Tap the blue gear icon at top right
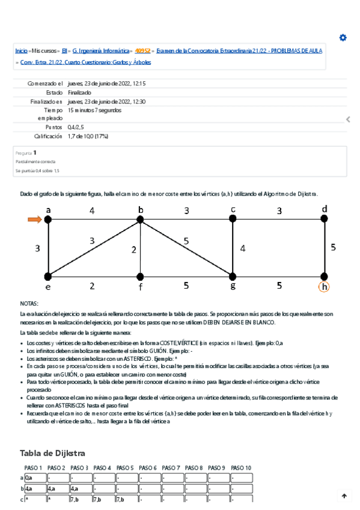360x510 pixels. (343, 37)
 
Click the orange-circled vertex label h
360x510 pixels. (324, 287)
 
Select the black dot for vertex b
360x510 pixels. (141, 220)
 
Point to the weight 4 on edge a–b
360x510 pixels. (92, 211)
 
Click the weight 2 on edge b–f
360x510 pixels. (134, 250)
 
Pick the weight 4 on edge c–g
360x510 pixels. (242, 248)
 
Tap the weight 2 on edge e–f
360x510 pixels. (92, 286)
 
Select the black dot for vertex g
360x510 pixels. (233, 277)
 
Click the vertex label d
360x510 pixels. (325, 209)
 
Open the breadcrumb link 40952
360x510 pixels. (143, 51)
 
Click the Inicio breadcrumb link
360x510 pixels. (21, 51)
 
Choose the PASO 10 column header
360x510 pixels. (241, 468)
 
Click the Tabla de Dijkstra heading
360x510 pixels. (52, 453)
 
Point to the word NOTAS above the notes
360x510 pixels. (29, 304)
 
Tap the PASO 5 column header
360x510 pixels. (126, 468)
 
